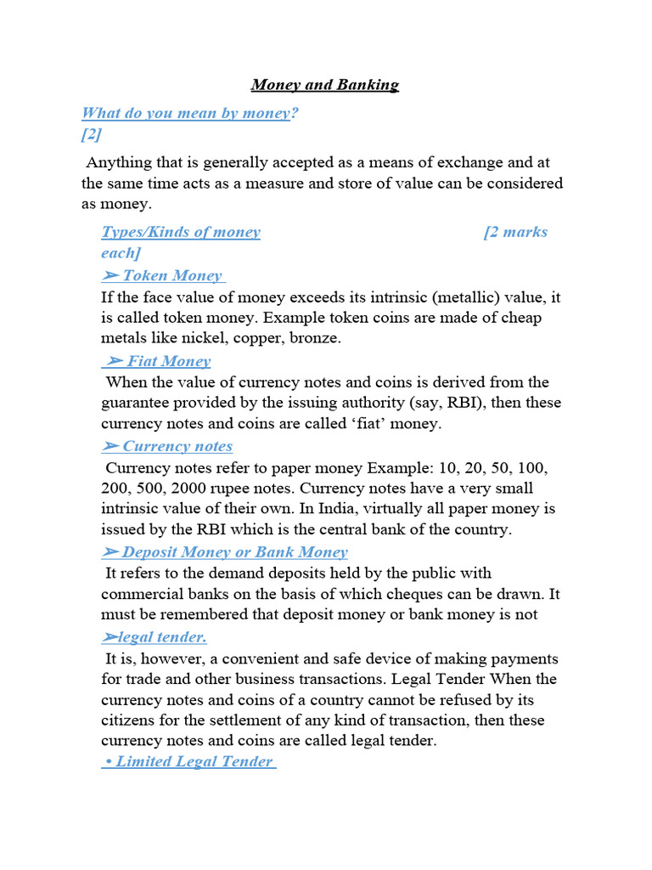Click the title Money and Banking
pyautogui.click(x=325, y=85)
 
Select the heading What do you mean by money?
pyautogui.click(x=189, y=113)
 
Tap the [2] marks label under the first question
pyautogui.click(x=91, y=134)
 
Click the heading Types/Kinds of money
pyautogui.click(x=181, y=232)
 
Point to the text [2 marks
pyautogui.click(x=515, y=232)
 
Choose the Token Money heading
pyautogui.click(x=163, y=275)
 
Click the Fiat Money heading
pyautogui.click(x=157, y=361)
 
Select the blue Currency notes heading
pyautogui.click(x=167, y=446)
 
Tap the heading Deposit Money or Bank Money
pyautogui.click(x=225, y=552)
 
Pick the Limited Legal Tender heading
pyautogui.click(x=188, y=761)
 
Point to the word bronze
pyautogui.click(x=315, y=338)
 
